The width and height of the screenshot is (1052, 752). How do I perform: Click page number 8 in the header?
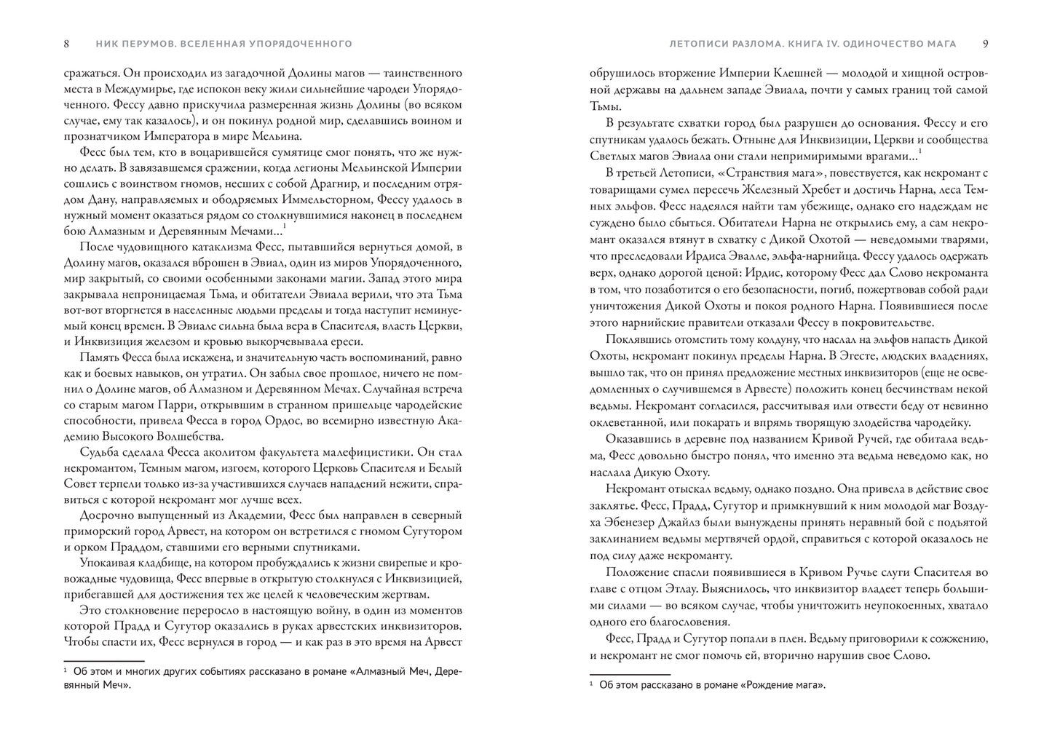click(x=67, y=44)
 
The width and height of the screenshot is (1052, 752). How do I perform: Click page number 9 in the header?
click(x=985, y=44)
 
